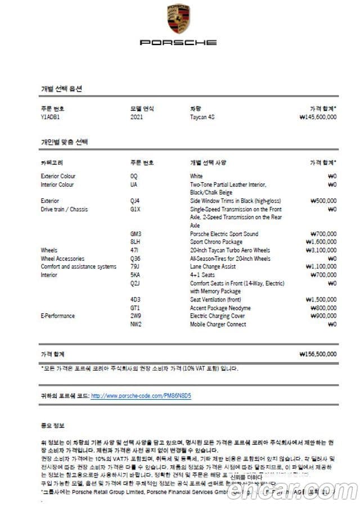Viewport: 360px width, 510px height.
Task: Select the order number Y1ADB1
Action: coord(51,117)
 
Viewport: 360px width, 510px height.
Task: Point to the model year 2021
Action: coord(136,117)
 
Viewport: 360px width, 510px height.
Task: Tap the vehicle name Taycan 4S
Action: coord(202,117)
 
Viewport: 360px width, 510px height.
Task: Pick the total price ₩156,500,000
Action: coord(318,354)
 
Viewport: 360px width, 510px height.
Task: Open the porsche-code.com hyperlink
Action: coord(141,396)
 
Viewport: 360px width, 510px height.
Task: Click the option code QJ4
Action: coord(135,201)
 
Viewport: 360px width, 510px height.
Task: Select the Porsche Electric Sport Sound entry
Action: coord(224,233)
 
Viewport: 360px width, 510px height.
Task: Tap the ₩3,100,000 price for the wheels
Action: coord(321,250)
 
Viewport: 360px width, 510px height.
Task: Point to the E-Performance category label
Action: coord(57,316)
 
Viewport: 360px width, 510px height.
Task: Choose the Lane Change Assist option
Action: coord(213,267)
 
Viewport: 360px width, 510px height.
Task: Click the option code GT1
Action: coord(135,308)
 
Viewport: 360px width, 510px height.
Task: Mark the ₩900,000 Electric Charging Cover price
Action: coord(323,316)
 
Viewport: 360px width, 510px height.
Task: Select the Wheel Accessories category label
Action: coord(62,259)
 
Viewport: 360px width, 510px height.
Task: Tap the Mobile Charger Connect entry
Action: coord(218,324)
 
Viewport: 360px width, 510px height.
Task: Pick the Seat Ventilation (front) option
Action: coord(217,300)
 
